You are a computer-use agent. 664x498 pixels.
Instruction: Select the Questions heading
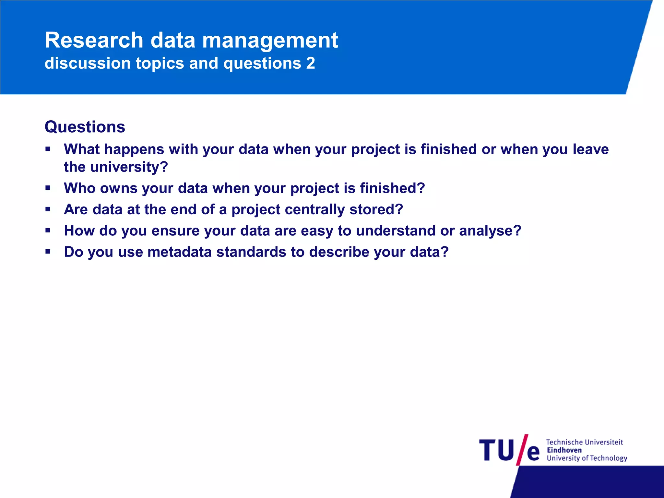point(85,127)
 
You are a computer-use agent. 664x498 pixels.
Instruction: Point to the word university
point(129,167)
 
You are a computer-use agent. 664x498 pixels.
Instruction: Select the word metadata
point(179,252)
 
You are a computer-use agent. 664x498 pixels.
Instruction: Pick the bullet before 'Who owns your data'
point(48,188)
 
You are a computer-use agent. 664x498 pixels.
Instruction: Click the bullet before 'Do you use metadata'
point(48,251)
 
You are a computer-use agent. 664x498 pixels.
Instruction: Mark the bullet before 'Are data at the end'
point(48,209)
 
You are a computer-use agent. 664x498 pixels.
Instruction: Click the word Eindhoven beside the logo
point(564,450)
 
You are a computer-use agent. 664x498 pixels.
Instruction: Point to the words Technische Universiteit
point(584,442)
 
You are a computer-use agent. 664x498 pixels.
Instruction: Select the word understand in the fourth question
point(396,231)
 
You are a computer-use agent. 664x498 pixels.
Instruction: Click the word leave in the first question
point(591,149)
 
